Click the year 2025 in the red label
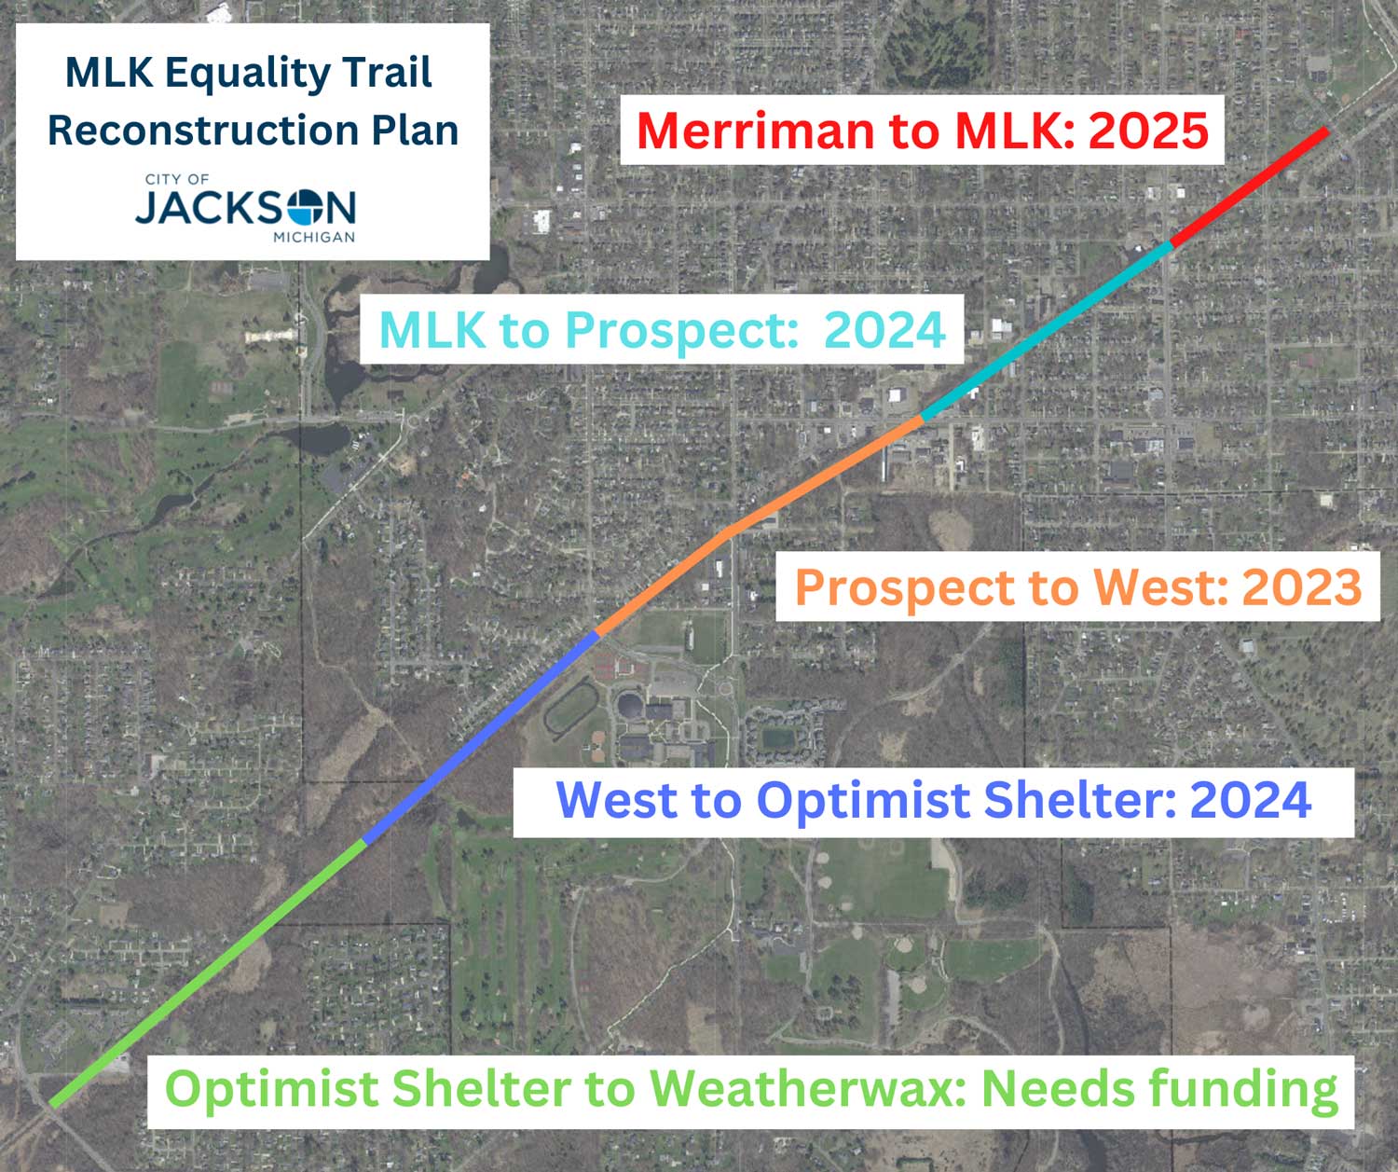tap(1148, 130)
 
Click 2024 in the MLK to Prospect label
tap(884, 329)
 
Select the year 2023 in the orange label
tap(1302, 587)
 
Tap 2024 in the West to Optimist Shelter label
tap(1251, 800)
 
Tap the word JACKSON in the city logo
tap(245, 207)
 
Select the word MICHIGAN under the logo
tap(314, 237)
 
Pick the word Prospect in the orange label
tap(905, 587)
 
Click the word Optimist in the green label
tap(271, 1089)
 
